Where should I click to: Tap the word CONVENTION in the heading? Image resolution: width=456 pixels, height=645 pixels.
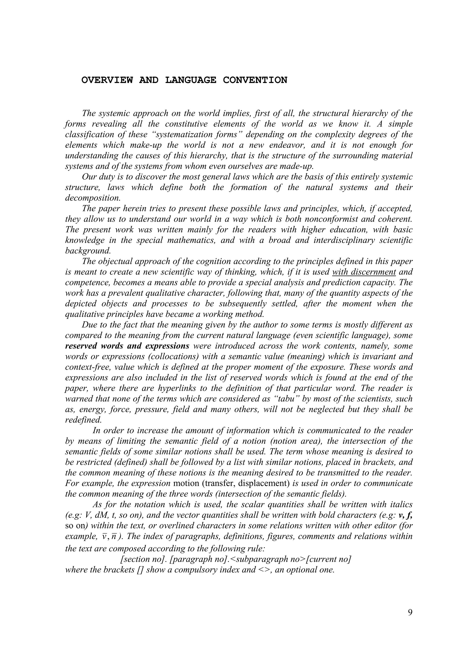pos(255,80)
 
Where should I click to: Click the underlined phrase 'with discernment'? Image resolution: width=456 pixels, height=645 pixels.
pos(364,272)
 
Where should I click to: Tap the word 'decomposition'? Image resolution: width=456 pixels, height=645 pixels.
pos(93,198)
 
